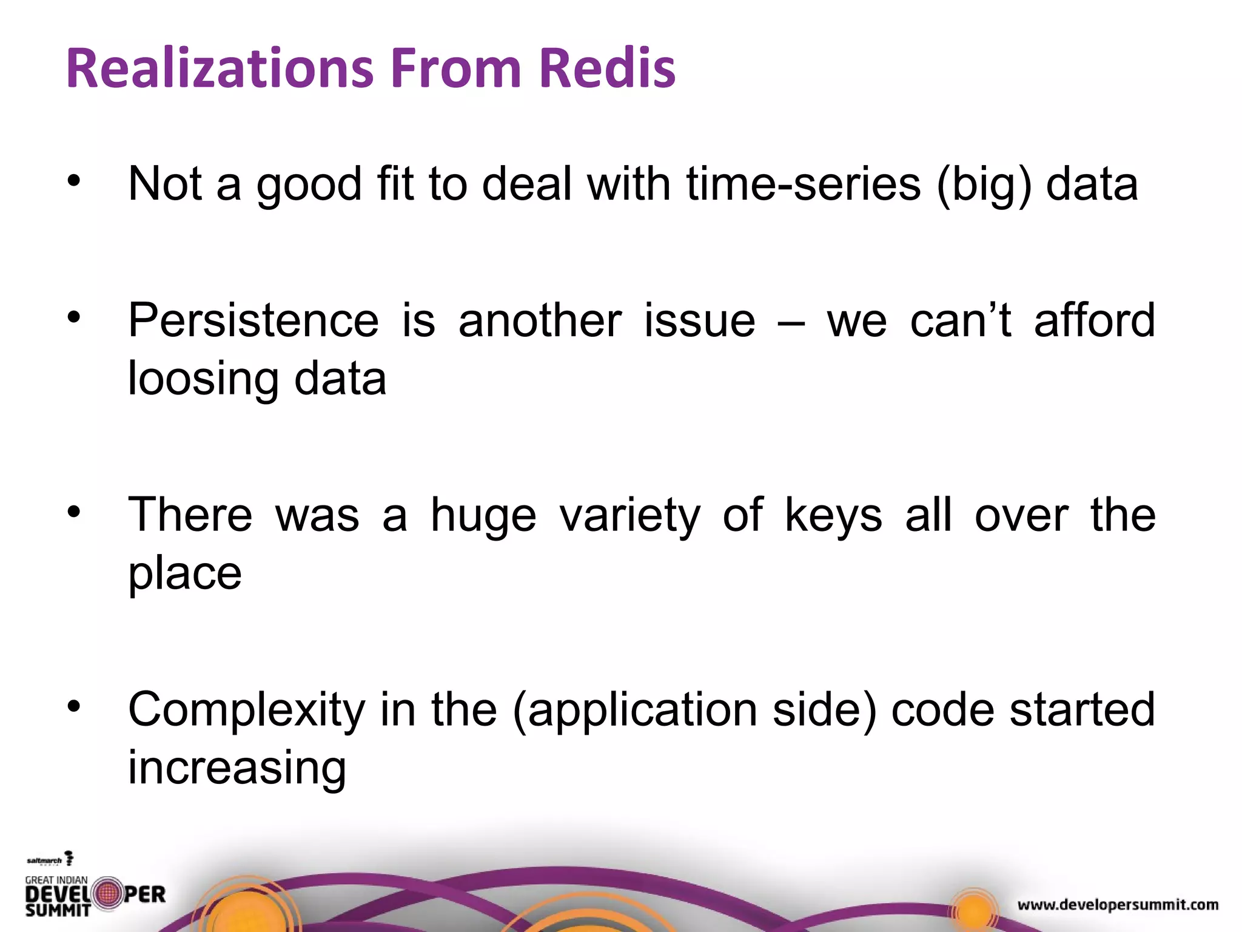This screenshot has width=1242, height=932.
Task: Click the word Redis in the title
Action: pos(607,68)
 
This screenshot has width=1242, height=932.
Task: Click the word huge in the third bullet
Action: pos(483,516)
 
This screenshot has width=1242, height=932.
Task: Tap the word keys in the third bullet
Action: pos(833,516)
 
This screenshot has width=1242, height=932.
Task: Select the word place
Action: pos(185,573)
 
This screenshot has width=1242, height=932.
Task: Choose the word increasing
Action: pos(237,768)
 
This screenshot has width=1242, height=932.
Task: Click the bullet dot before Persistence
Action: pos(74,317)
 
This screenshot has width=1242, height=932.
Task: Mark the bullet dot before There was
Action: pos(74,512)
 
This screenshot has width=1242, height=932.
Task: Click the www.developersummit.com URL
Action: pos(1118,905)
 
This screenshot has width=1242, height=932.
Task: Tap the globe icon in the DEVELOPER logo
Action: pos(108,894)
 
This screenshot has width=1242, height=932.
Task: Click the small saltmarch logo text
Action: pos(44,860)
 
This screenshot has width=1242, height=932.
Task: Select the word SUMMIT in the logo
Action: pos(58,910)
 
